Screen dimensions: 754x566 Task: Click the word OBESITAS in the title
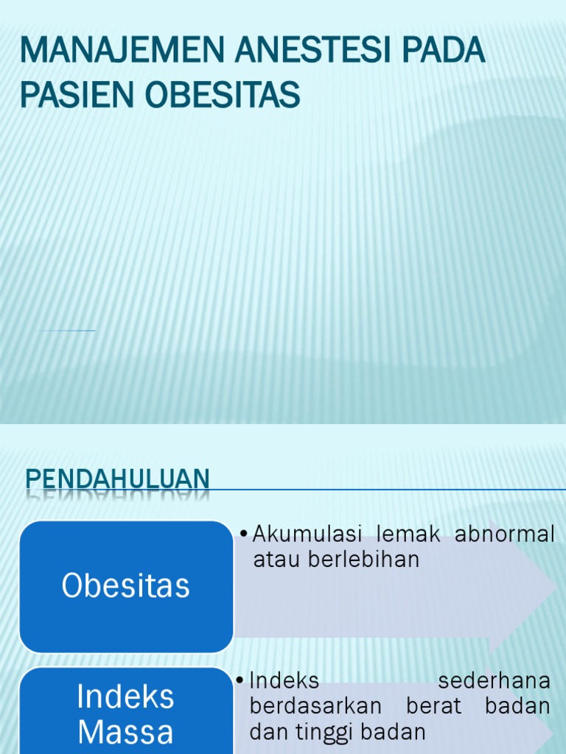(x=223, y=95)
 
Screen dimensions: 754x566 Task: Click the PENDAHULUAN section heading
(x=118, y=479)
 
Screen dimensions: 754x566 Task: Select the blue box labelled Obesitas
(x=126, y=586)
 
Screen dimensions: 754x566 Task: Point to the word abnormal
(x=505, y=535)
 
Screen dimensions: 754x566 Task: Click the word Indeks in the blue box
(x=126, y=697)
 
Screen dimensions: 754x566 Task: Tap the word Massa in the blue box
(x=126, y=732)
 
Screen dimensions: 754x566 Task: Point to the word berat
(x=433, y=706)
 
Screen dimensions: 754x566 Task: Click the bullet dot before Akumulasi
(x=244, y=532)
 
